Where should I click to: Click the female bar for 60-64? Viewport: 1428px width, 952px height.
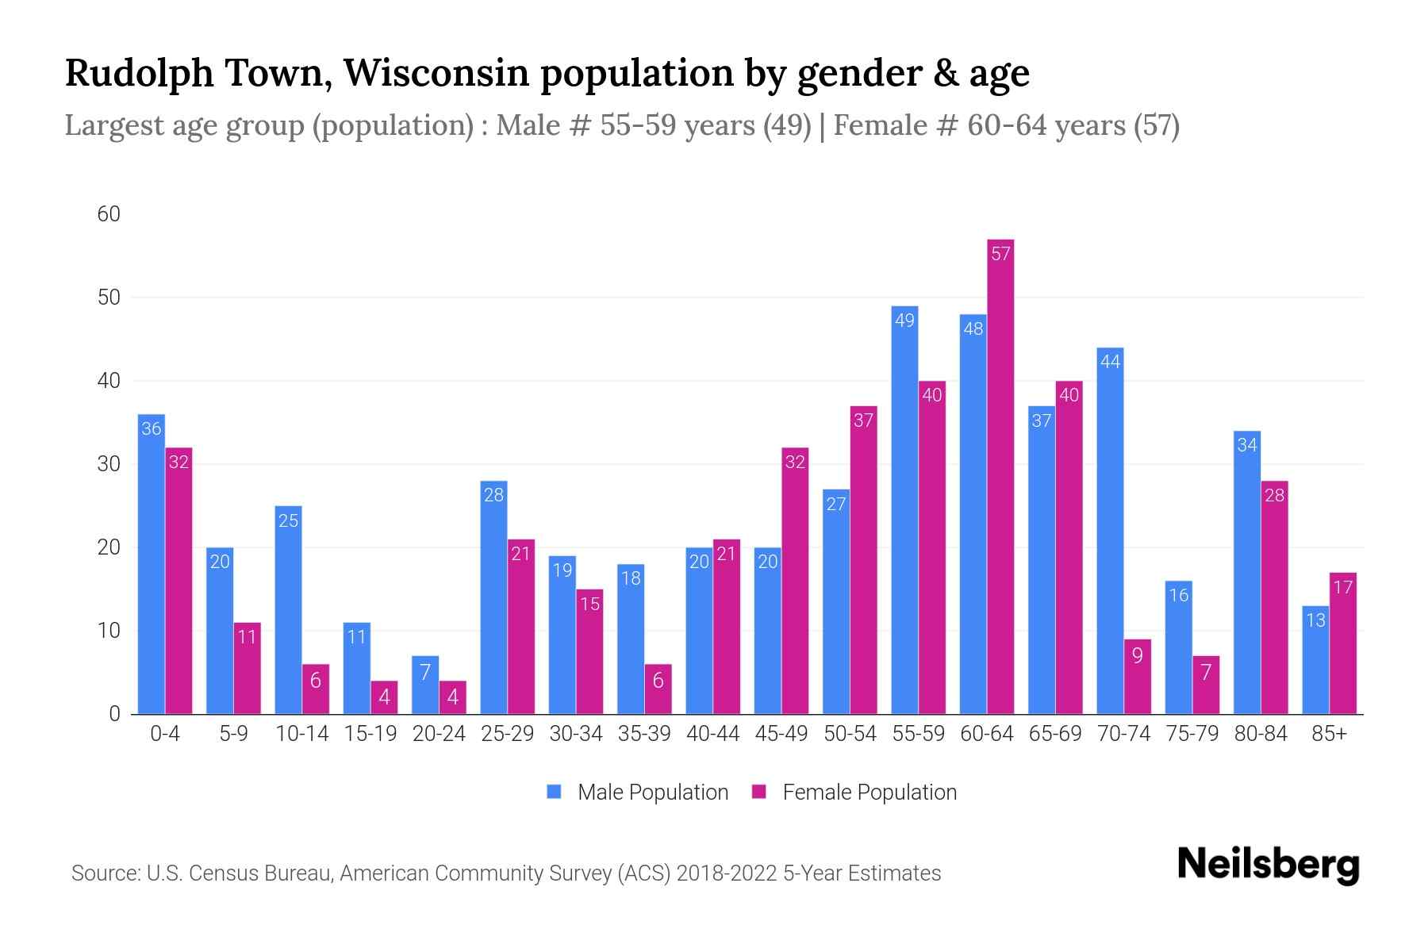point(1000,476)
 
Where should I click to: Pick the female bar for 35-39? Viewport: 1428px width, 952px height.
point(658,689)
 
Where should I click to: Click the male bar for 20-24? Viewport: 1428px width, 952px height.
point(425,685)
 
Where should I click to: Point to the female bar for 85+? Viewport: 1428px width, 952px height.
point(1342,643)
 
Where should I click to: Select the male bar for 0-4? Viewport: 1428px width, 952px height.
point(152,563)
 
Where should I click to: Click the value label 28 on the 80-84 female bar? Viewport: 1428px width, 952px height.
point(1274,495)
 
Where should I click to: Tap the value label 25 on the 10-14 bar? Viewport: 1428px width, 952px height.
point(288,521)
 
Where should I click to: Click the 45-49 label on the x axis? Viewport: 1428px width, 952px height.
point(781,734)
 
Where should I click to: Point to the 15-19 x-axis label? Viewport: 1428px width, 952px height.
point(370,734)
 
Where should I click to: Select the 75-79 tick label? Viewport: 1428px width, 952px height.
point(1192,734)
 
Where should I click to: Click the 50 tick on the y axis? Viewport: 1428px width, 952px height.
point(109,297)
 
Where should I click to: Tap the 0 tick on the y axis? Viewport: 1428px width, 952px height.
point(114,714)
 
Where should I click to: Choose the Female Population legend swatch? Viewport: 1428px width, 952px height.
point(759,792)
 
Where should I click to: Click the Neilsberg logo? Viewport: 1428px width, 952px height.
point(1268,865)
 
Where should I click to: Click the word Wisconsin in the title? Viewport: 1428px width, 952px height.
point(436,72)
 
